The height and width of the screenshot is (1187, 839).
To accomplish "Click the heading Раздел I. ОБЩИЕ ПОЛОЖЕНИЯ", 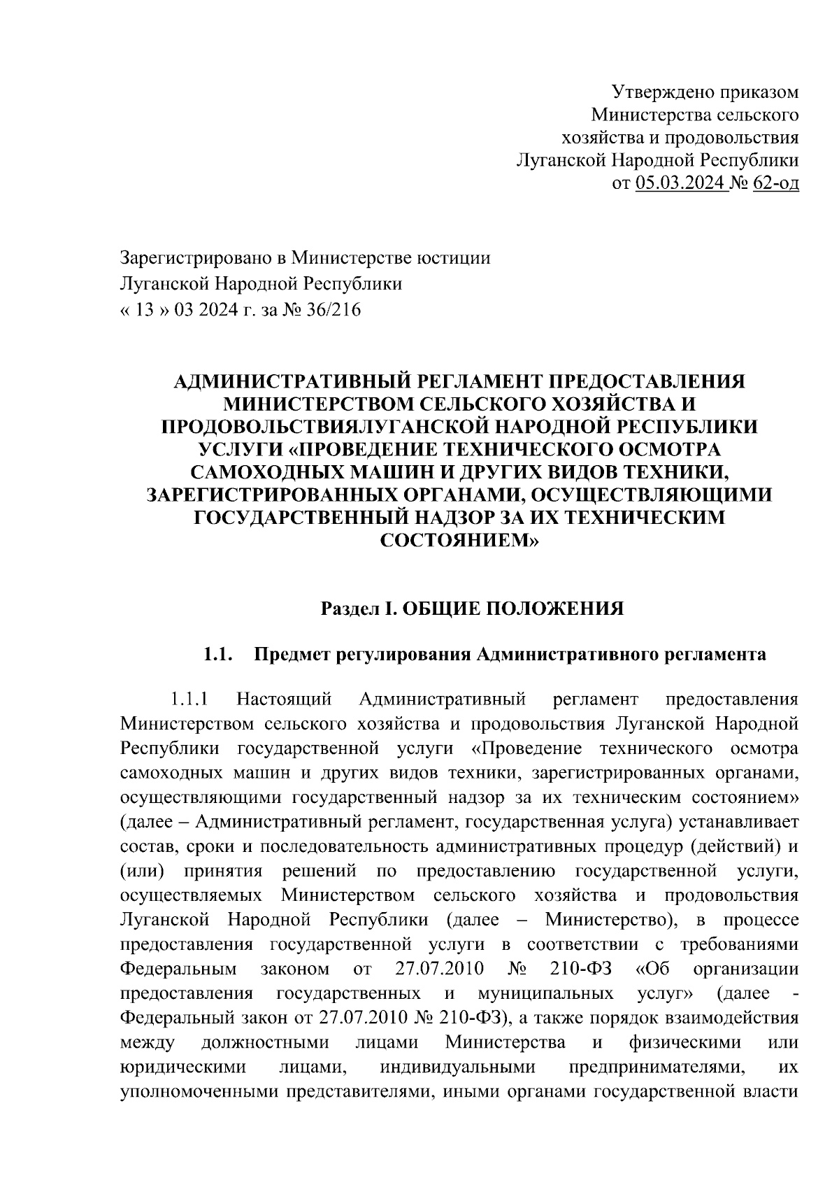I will (472, 609).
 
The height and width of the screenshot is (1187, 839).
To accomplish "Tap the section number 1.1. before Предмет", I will (217, 655).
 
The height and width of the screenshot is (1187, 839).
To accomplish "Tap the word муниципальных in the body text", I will (546, 993).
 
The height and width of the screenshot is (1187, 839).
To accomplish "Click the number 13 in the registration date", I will (144, 310).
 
